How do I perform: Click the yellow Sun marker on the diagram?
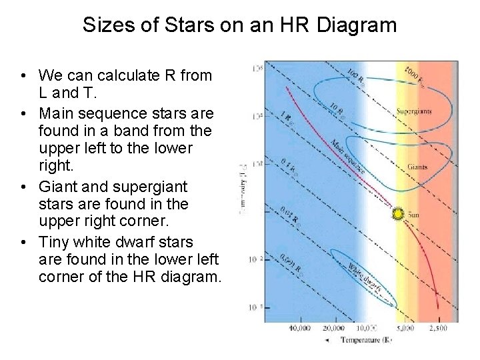tap(398, 214)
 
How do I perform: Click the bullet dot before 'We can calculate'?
tap(23, 75)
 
